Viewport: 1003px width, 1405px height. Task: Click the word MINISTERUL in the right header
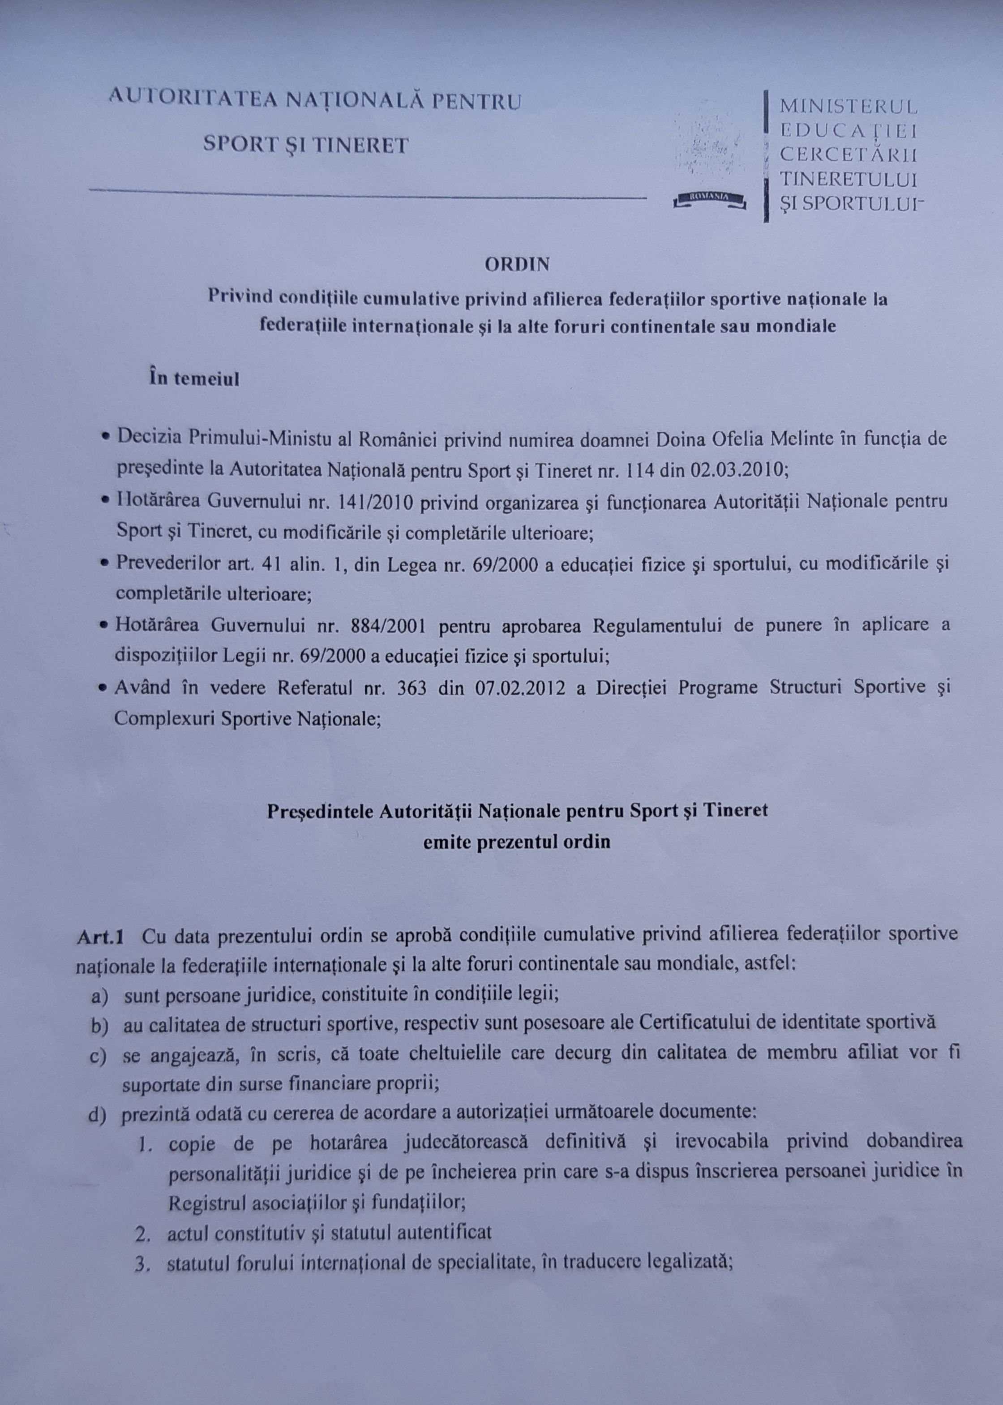click(x=848, y=106)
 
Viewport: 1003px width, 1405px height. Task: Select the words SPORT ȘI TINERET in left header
click(x=306, y=145)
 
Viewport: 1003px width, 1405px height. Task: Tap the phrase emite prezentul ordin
click(x=516, y=842)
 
